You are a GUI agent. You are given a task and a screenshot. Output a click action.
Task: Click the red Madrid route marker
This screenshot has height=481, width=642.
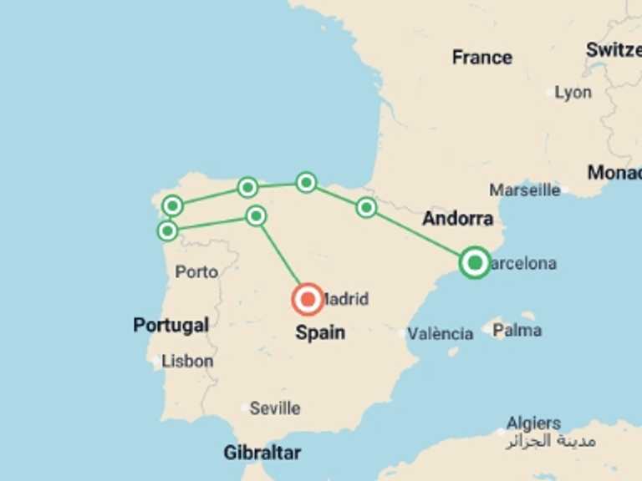[308, 298]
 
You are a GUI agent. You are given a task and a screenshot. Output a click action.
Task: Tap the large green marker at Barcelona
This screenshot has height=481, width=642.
[475, 263]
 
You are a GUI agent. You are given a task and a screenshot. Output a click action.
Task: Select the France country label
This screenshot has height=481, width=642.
[481, 58]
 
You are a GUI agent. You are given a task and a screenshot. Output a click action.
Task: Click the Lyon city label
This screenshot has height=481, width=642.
[573, 93]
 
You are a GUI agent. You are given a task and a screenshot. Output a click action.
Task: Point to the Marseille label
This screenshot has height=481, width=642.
[525, 190]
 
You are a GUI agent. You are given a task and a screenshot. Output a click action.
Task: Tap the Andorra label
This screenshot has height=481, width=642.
[457, 219]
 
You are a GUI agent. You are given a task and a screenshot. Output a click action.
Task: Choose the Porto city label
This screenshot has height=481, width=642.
[197, 271]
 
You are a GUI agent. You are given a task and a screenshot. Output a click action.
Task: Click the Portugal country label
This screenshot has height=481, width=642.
[171, 325]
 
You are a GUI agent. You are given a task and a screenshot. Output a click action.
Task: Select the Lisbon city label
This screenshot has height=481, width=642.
[188, 362]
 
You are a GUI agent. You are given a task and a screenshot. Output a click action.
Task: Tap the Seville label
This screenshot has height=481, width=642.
[275, 408]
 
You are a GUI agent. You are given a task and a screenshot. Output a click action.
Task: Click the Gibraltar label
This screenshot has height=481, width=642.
[262, 453]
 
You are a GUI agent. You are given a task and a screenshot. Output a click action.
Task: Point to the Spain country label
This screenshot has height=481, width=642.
[320, 332]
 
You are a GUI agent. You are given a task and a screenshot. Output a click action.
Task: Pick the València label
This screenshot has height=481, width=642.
[441, 333]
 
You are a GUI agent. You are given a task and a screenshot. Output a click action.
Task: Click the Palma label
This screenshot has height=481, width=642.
[517, 331]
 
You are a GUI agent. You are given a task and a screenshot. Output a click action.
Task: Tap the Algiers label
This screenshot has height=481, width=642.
[533, 423]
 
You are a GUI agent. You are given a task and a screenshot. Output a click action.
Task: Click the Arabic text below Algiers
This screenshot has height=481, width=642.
[550, 441]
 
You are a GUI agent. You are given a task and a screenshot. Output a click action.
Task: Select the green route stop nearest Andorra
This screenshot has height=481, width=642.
[366, 207]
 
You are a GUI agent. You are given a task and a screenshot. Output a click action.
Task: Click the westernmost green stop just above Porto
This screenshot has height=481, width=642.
[168, 230]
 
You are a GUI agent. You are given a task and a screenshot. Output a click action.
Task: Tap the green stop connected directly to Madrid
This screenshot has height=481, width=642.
[256, 216]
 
